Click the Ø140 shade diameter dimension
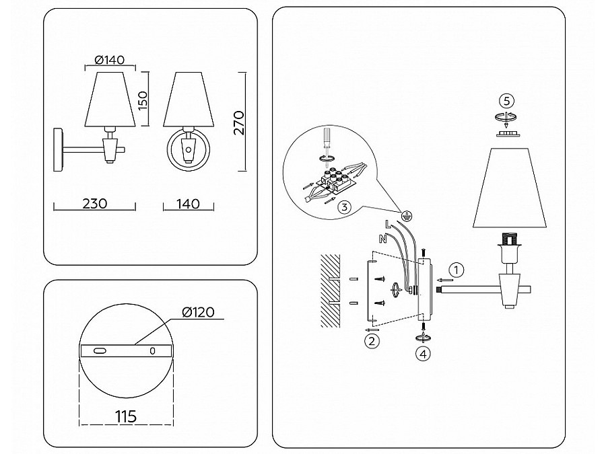pyautogui.click(x=110, y=60)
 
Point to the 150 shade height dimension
pyautogui.click(x=143, y=100)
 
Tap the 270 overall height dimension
pyautogui.click(x=240, y=122)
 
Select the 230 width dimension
pyautogui.click(x=95, y=203)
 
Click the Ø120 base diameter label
pyautogui.click(x=198, y=312)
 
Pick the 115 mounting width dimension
pyautogui.click(x=126, y=416)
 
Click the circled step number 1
pyautogui.click(x=457, y=270)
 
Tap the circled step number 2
pyautogui.click(x=372, y=341)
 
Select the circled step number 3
pyautogui.click(x=344, y=207)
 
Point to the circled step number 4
pyautogui.click(x=423, y=354)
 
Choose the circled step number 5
pyautogui.click(x=506, y=101)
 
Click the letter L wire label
pyautogui.click(x=388, y=223)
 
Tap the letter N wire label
pyautogui.click(x=382, y=239)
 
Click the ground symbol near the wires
pyautogui.click(x=407, y=216)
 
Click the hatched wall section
pyautogui.click(x=331, y=291)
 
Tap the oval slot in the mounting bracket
pyautogui.click(x=100, y=350)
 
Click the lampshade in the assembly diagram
pyautogui.click(x=510, y=188)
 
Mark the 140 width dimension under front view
pyautogui.click(x=189, y=203)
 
